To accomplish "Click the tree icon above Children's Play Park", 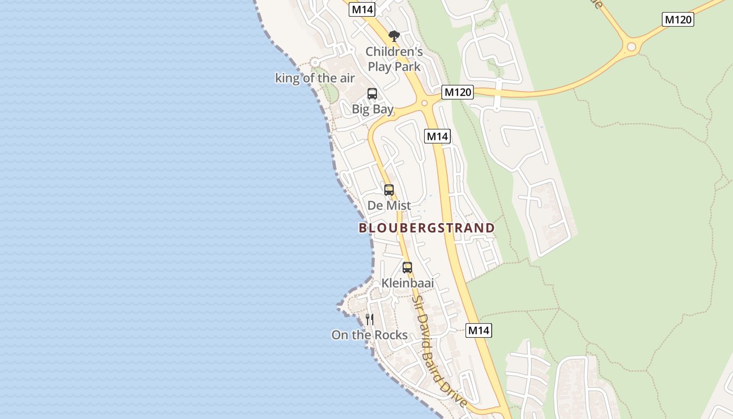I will (394, 36).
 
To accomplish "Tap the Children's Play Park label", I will (394, 59).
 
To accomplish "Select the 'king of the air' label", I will (315, 79).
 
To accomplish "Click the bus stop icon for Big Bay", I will (372, 94).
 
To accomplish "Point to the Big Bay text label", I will (373, 109).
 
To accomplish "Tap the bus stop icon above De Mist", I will (388, 190).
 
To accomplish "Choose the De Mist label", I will (389, 205).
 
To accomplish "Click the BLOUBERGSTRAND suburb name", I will (427, 228).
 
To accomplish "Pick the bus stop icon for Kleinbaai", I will (407, 267).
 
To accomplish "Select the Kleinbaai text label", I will (408, 283).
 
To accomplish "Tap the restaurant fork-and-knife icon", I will (370, 319).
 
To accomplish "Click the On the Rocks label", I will (370, 335).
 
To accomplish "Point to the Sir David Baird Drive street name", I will (440, 351).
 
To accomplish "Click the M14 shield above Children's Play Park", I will (362, 9).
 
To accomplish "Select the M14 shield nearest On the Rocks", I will (479, 330).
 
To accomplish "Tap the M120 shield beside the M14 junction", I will (457, 93).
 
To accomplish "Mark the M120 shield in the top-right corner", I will (678, 20).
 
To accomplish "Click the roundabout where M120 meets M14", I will (425, 103).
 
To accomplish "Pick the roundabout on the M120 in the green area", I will (631, 47).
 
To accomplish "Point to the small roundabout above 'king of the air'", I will (315, 62).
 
